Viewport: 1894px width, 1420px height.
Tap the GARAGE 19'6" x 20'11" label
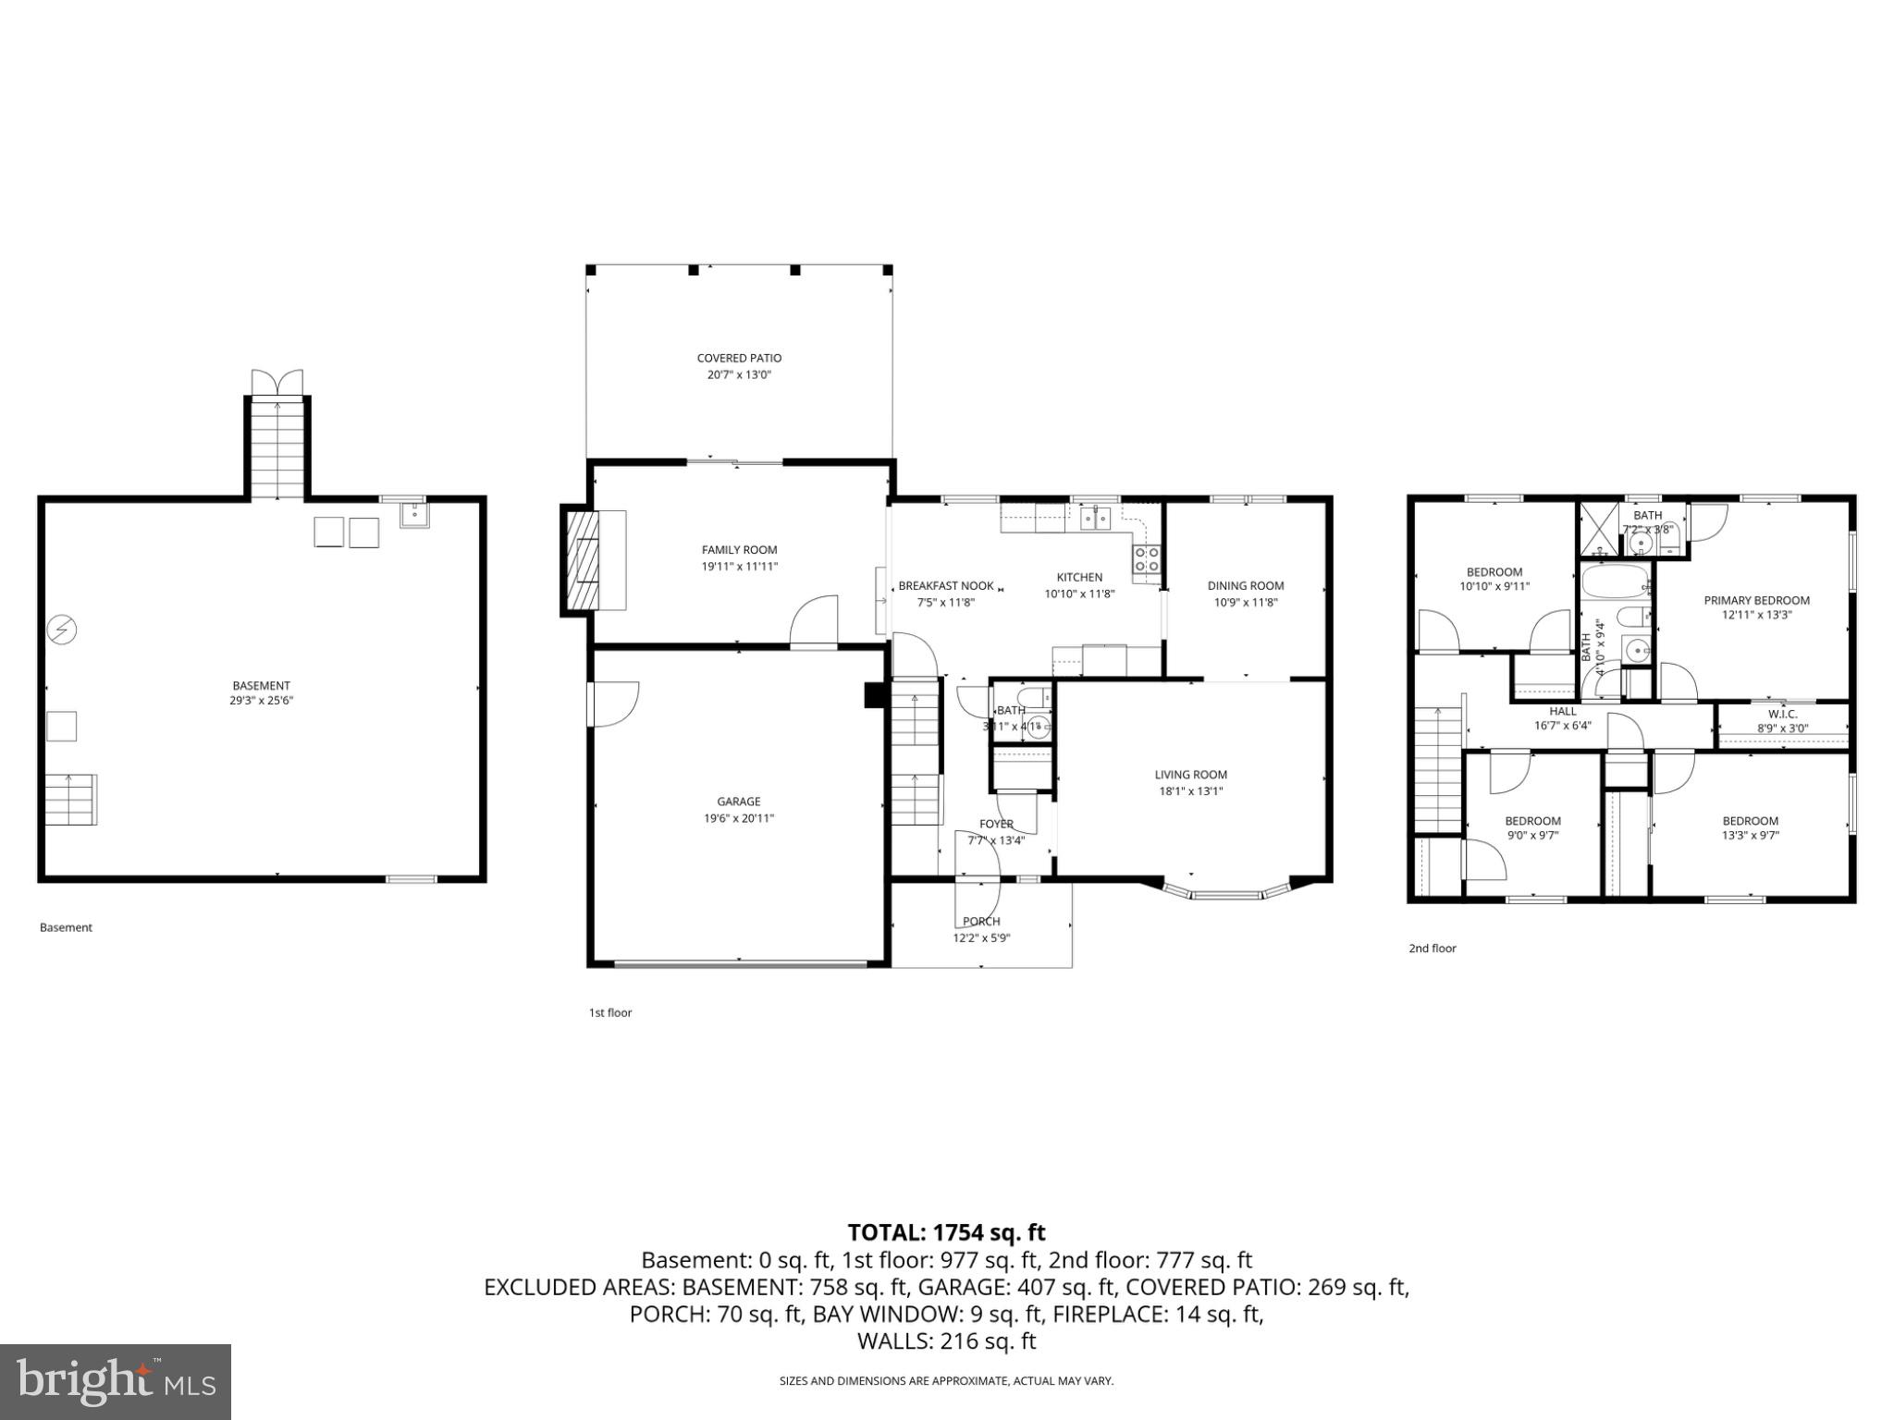coord(738,809)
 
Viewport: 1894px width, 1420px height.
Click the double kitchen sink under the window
coord(1096,518)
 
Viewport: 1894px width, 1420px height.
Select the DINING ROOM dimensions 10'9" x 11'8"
coord(1246,602)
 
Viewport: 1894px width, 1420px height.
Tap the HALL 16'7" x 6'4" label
coord(1562,718)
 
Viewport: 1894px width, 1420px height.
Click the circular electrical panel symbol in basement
coord(63,630)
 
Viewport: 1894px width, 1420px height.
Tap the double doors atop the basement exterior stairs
coord(277,382)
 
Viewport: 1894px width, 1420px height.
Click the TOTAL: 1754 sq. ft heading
coord(946,1232)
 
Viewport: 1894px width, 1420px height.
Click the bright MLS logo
coord(116,1381)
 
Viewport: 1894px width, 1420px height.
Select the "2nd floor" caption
coord(1432,948)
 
